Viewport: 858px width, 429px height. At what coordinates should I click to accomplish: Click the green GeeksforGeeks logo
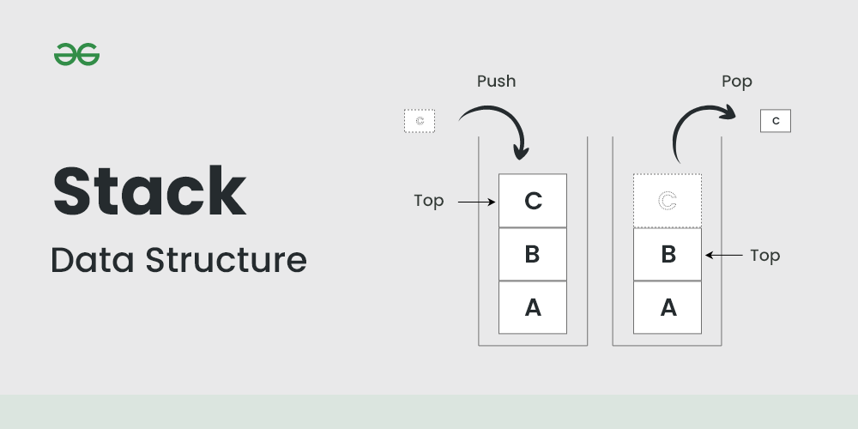tap(77, 55)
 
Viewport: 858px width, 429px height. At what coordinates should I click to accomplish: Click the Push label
tap(497, 82)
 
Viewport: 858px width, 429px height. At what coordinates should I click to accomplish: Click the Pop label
tap(736, 82)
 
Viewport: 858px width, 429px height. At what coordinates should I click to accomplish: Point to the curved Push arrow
tap(498, 124)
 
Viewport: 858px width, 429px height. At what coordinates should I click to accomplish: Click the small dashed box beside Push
tap(420, 121)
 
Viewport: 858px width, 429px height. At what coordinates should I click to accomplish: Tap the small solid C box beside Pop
tap(776, 121)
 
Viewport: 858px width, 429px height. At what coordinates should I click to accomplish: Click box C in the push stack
tap(533, 201)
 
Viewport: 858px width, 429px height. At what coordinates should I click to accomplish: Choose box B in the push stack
tap(533, 254)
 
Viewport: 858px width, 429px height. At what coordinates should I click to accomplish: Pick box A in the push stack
tap(533, 307)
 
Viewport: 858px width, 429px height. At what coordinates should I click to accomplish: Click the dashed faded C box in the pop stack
tap(668, 201)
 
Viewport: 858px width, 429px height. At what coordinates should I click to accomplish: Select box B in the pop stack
tap(668, 254)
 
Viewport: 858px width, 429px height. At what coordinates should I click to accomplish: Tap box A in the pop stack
tap(668, 307)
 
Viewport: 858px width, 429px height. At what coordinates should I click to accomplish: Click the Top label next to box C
tap(429, 201)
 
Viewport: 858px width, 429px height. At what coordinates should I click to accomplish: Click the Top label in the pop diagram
tap(764, 255)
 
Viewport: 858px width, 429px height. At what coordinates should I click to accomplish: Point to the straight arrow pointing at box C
tap(477, 202)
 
